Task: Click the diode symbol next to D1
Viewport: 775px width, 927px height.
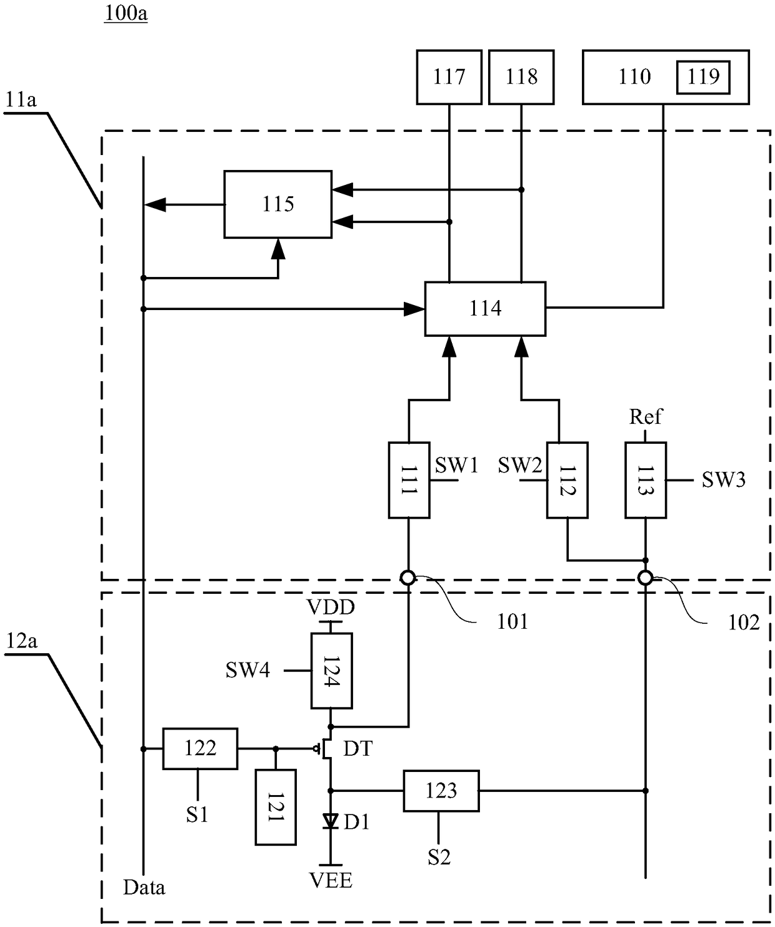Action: click(330, 821)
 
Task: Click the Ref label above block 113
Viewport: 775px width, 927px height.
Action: click(646, 417)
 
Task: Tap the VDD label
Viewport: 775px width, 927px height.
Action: click(331, 608)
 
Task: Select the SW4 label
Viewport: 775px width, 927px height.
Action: click(247, 670)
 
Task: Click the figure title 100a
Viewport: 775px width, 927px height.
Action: click(126, 13)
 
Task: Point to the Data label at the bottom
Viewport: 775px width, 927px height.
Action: click(144, 888)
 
